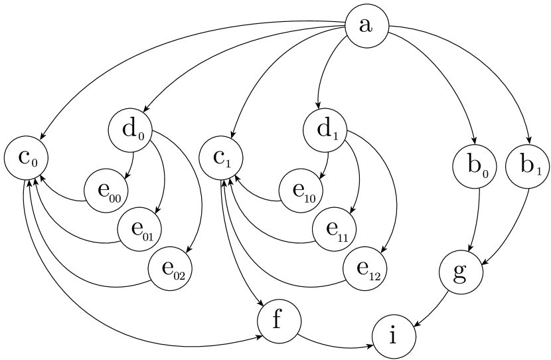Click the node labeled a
point(366,27)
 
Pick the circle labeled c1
point(221,159)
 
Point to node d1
point(325,130)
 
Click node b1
point(528,166)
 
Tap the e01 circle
point(139,229)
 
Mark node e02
point(170,269)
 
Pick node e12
point(365,269)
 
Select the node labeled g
point(461,272)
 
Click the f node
point(279,321)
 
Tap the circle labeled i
point(394,337)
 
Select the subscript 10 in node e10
point(309,197)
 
